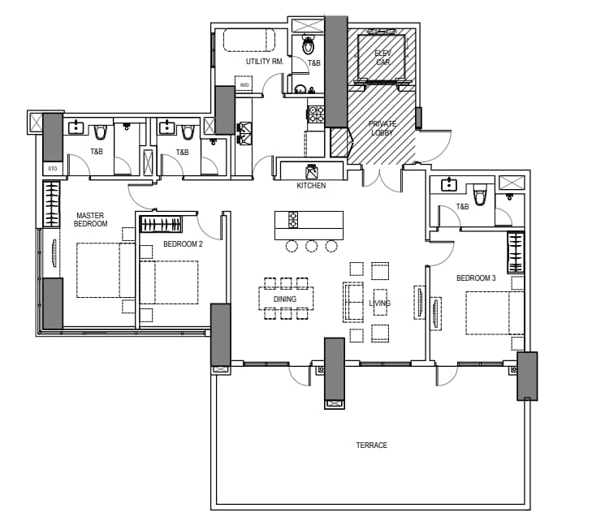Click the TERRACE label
pos(372,445)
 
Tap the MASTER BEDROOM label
pos(90,219)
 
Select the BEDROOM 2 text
pos(183,244)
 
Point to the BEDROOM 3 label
pos(476,278)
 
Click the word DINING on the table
pos(285,299)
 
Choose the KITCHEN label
pos(311,186)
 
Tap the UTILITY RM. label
pos(265,62)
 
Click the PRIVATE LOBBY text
pos(382,128)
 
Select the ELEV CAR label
pos(382,58)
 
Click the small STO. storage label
pos(53,169)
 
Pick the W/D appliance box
pos(244,84)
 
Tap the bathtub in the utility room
pos(249,40)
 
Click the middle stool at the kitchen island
pos(311,246)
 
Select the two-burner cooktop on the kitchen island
pos(293,220)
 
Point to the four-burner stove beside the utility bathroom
pos(316,114)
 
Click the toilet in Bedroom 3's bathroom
pos(480,196)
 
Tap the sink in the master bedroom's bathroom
pos(76,127)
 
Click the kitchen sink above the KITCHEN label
pos(311,170)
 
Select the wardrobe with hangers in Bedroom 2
pos(161,224)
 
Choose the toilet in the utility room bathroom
pos(308,45)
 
